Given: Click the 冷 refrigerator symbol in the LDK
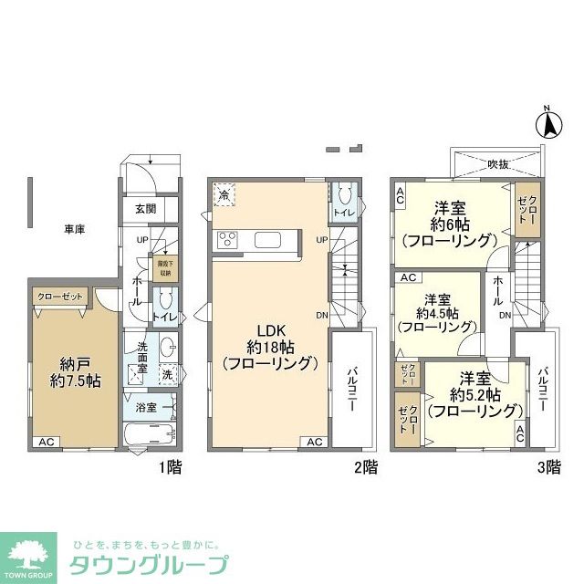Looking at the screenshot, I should pyautogui.click(x=224, y=194).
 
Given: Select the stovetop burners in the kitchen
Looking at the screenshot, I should pyautogui.click(x=227, y=240).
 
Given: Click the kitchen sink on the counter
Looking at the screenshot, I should pyautogui.click(x=270, y=240).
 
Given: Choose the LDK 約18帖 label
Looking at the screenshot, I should pyautogui.click(x=269, y=347).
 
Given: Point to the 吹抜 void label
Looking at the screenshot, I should pyautogui.click(x=497, y=164).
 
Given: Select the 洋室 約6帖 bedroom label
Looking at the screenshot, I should pyautogui.click(x=450, y=224).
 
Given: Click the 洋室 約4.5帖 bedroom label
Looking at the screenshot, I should pyautogui.click(x=435, y=314).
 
